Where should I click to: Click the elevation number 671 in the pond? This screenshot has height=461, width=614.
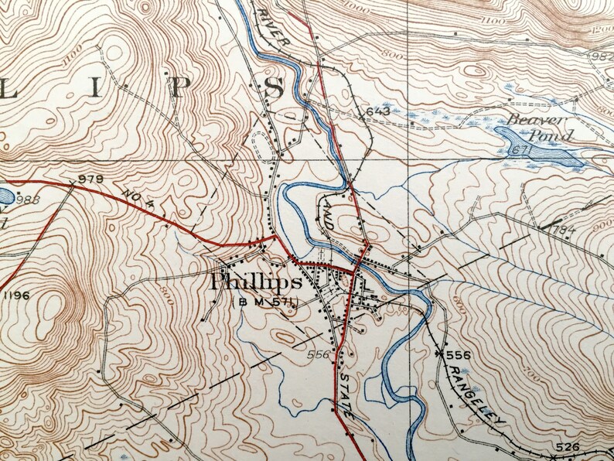point(519,149)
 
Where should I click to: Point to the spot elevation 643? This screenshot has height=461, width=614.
point(377,111)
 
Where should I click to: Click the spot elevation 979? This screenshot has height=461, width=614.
point(90,179)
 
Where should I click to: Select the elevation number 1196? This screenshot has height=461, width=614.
point(17,295)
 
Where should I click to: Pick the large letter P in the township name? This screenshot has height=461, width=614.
point(177,87)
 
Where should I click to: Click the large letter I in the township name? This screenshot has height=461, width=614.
point(96,87)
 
